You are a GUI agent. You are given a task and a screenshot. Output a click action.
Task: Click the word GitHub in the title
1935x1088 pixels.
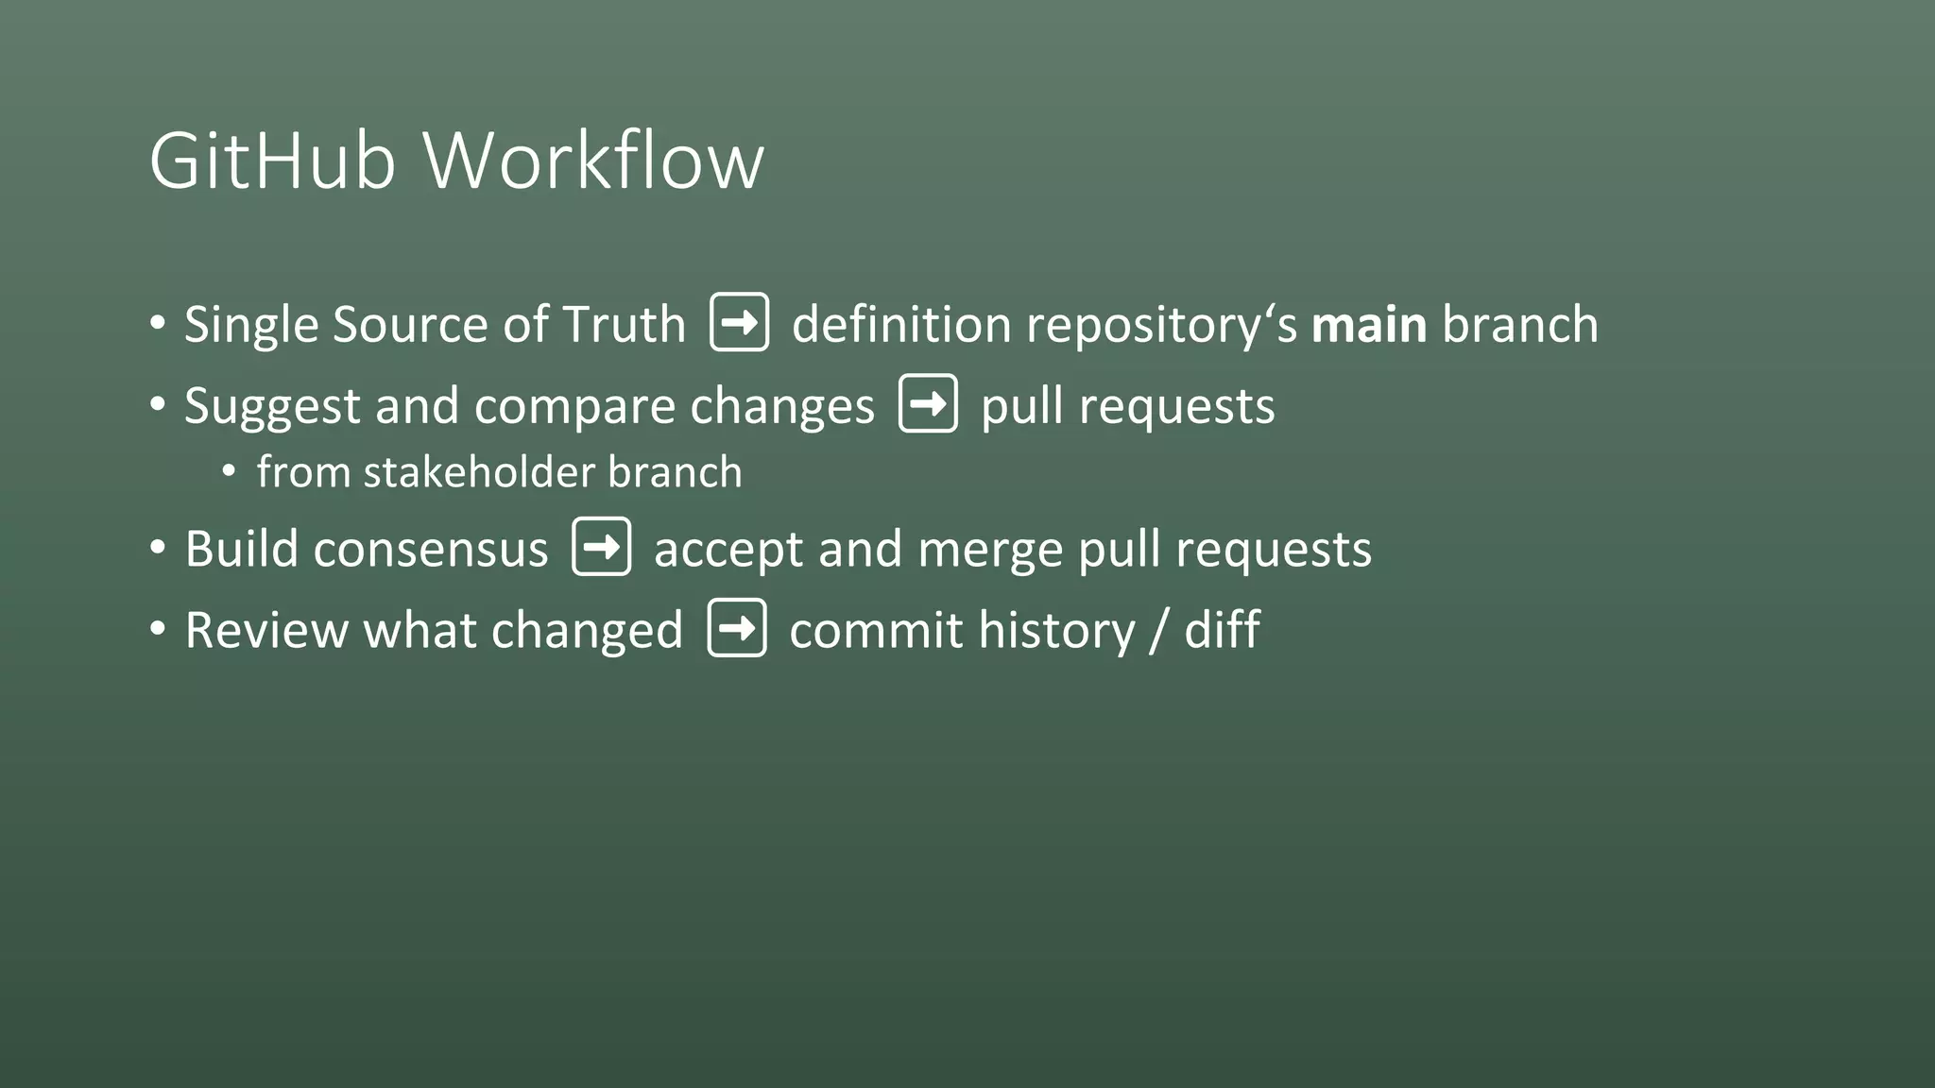(x=272, y=161)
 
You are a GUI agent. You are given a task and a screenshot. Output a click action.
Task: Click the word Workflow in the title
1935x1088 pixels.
(x=593, y=161)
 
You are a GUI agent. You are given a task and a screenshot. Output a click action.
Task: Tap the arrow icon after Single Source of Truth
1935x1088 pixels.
(x=739, y=323)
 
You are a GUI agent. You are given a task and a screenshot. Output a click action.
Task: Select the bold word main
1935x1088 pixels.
(x=1369, y=325)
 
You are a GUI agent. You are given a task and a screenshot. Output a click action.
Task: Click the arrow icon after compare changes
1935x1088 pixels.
(x=928, y=404)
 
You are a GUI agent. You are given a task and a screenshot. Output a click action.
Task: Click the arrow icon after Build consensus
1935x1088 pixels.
(x=601, y=547)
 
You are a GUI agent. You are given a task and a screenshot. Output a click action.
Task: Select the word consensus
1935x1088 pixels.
(x=430, y=550)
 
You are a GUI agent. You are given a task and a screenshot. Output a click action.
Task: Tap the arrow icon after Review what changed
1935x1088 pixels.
(x=737, y=628)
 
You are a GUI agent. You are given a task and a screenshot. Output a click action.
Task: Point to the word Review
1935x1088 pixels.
(x=266, y=630)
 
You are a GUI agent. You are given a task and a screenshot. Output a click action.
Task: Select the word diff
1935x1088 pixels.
(x=1222, y=630)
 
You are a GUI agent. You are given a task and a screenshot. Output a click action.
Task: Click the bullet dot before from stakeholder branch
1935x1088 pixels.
(x=229, y=471)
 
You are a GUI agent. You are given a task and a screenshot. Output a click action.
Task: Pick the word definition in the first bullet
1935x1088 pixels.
(x=901, y=325)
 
